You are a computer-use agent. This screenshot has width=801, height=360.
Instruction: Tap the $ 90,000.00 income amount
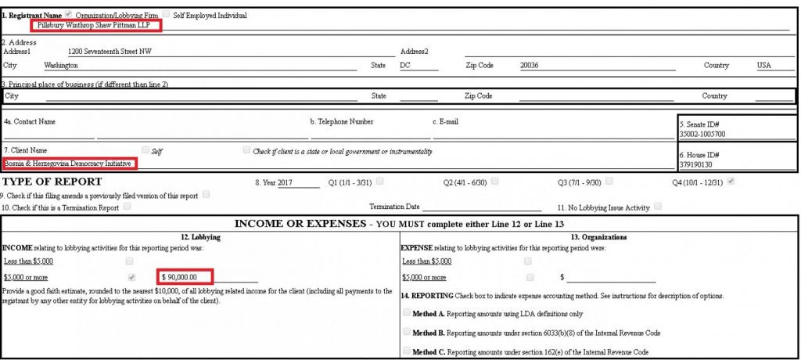click(185, 277)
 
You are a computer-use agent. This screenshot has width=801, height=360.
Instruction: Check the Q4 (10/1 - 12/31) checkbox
click(731, 182)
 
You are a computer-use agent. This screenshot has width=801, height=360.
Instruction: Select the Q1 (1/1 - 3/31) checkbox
click(380, 182)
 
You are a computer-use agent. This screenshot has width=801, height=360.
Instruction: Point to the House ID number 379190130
click(695, 164)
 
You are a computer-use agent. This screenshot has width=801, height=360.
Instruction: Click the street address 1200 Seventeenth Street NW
click(110, 51)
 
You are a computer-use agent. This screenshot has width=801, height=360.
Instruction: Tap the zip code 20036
click(530, 66)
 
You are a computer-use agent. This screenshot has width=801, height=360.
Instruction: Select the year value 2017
click(285, 182)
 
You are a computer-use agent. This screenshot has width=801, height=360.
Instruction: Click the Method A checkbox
click(406, 312)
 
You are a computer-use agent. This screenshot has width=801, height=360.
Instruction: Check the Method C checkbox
click(406, 351)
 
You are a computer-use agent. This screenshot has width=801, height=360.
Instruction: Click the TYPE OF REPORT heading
click(52, 182)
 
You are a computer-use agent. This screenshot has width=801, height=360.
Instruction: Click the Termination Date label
click(393, 207)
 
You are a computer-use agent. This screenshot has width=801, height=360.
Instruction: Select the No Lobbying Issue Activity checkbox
click(658, 207)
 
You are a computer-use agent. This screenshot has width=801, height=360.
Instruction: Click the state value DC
click(405, 66)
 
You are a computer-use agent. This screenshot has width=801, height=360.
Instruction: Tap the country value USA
click(763, 66)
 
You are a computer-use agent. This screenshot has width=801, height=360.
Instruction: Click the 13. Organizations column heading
click(598, 236)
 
